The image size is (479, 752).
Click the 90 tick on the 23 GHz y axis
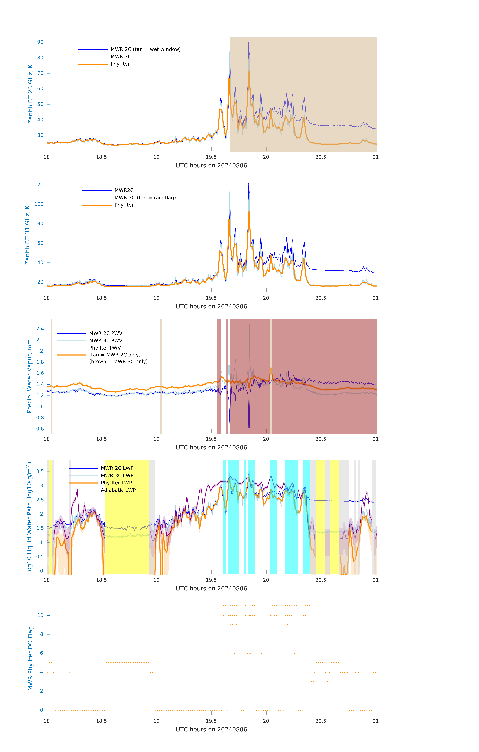click(40, 42)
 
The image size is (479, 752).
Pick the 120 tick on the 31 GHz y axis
click(39, 185)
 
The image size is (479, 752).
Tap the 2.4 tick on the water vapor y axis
click(40, 328)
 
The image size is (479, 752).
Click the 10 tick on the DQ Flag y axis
click(40, 615)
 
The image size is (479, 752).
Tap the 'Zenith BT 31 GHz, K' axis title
click(27, 235)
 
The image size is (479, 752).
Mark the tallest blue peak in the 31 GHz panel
click(249, 184)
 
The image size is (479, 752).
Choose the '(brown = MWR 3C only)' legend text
click(118, 362)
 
